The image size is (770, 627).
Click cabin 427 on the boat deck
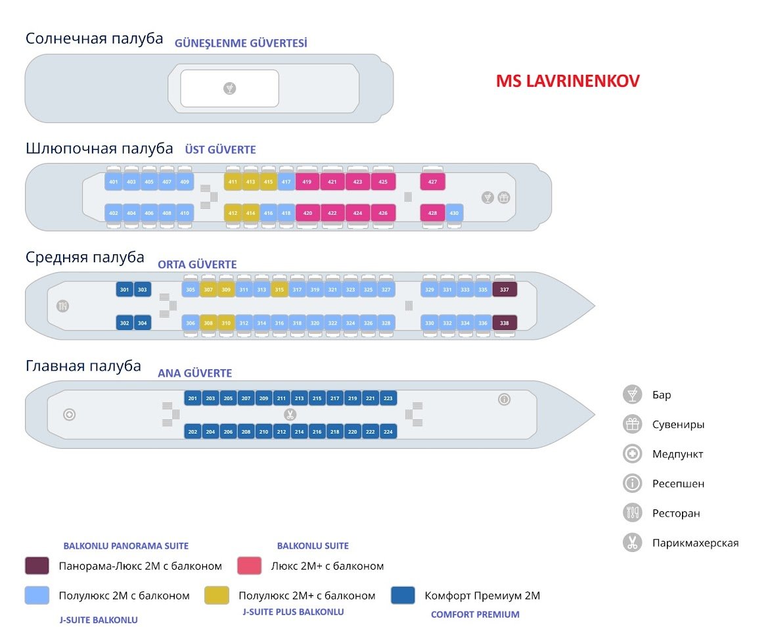432,181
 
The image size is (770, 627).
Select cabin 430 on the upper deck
454,213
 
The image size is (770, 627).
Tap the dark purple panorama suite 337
505,289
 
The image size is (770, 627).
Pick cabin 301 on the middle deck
125,289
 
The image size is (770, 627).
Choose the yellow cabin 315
279,289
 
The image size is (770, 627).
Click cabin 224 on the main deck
388,432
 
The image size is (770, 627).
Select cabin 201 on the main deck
192,398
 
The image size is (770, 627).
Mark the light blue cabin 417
286,181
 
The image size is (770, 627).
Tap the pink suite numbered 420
307,213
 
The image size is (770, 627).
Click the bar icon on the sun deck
229,88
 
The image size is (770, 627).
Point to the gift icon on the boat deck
504,197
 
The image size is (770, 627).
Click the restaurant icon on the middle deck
64,306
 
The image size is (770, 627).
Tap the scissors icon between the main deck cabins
289,415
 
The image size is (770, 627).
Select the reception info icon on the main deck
504,399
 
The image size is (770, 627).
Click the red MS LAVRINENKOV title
568,81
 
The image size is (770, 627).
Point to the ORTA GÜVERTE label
197,265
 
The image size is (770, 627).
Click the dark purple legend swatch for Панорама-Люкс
37,566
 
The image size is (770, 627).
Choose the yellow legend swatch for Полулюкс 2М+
217,595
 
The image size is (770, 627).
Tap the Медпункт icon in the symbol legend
632,454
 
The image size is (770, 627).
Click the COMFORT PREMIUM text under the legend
475,615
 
